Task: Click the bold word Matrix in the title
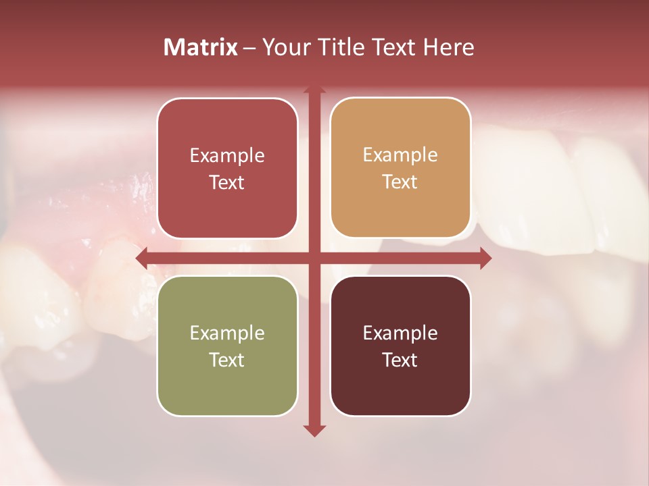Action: click(x=201, y=47)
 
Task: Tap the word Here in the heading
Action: click(x=449, y=47)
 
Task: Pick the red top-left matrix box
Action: click(x=227, y=169)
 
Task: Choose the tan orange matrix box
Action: click(x=400, y=168)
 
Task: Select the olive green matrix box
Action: click(x=227, y=346)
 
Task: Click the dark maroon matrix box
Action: click(x=400, y=346)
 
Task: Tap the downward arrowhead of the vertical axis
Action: click(x=314, y=430)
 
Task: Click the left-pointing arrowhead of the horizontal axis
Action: click(x=142, y=258)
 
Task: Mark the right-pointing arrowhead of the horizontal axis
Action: click(x=485, y=258)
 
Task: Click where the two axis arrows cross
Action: click(x=314, y=258)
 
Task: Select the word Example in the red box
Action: click(x=227, y=156)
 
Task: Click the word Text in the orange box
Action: click(x=400, y=182)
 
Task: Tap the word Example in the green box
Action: click(x=227, y=333)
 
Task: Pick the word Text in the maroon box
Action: click(x=400, y=360)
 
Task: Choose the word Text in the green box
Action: click(x=227, y=360)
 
